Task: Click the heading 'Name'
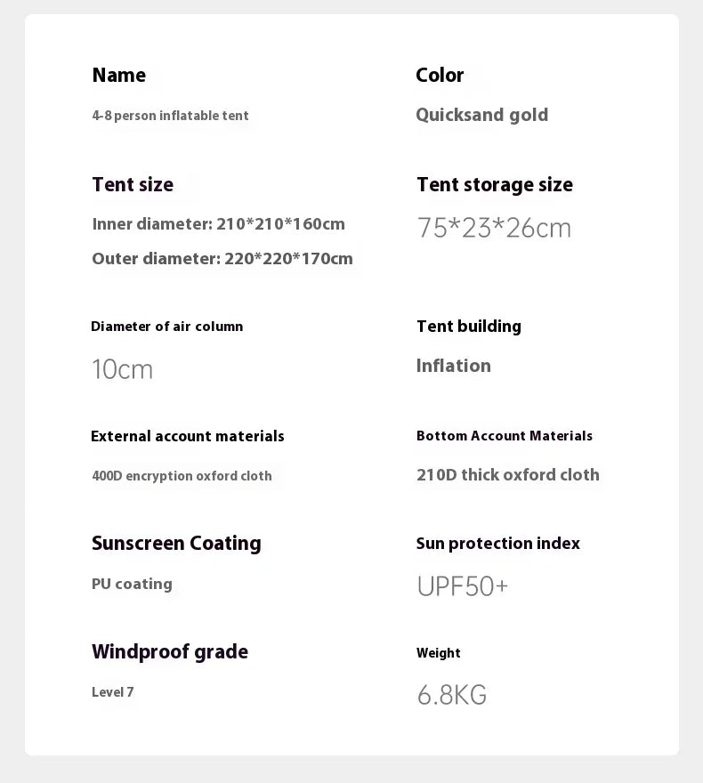tap(118, 76)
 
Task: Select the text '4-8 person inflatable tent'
tap(170, 116)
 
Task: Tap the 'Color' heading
tap(440, 76)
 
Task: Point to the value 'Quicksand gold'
tap(481, 115)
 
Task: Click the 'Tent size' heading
tap(133, 185)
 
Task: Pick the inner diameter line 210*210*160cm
tap(218, 224)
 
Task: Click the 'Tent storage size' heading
tap(495, 185)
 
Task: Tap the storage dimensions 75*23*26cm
tap(494, 229)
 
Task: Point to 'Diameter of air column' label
tap(166, 327)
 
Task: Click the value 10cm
tap(122, 369)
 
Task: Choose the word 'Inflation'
tap(453, 366)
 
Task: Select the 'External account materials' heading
tap(188, 436)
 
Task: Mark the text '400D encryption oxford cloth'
tap(182, 476)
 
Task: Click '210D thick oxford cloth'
tap(507, 475)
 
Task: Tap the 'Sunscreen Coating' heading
tap(176, 544)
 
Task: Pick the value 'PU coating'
tap(132, 585)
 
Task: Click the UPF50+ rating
tap(462, 586)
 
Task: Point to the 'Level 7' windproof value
tap(112, 692)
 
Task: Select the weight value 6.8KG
tap(451, 695)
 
